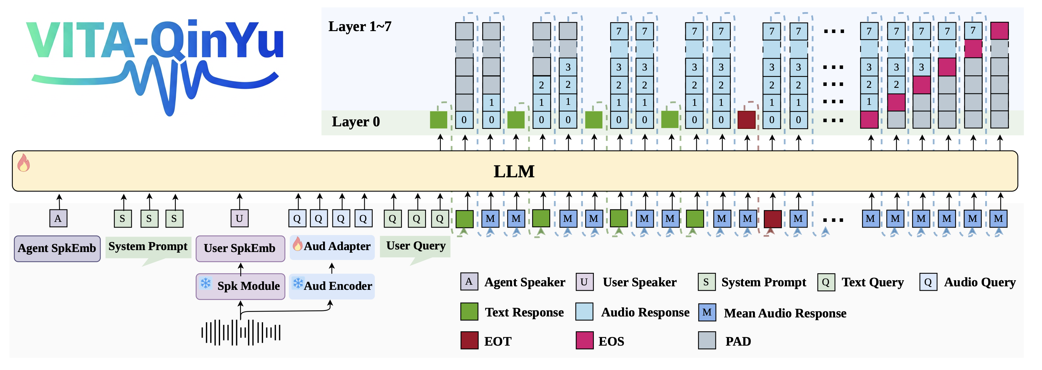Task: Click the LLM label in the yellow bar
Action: click(514, 172)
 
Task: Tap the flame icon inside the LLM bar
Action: click(23, 163)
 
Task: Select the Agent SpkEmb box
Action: click(57, 248)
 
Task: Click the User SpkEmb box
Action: click(240, 248)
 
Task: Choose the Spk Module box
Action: click(240, 286)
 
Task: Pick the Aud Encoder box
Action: click(332, 286)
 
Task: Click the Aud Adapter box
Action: click(332, 247)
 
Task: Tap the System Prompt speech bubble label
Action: click(148, 247)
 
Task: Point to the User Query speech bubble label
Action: click(415, 246)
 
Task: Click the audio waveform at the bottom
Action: click(241, 332)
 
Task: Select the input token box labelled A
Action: click(58, 219)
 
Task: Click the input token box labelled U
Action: click(239, 219)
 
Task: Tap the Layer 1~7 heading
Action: click(360, 27)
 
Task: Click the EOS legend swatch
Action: click(585, 341)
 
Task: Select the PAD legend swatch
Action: click(707, 341)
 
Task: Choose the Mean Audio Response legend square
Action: click(707, 313)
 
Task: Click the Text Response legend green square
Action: click(469, 312)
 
